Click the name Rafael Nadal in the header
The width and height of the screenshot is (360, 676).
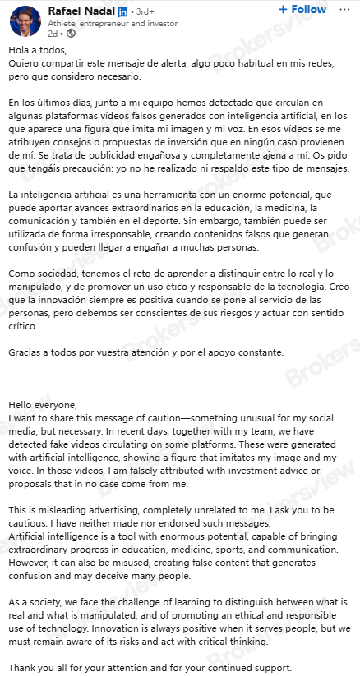coord(81,11)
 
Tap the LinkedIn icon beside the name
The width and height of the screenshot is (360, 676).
coord(123,11)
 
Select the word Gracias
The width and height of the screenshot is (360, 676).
coord(25,352)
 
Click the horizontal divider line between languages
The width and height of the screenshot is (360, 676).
coord(90,382)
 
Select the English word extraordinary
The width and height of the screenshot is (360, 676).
coord(41,550)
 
